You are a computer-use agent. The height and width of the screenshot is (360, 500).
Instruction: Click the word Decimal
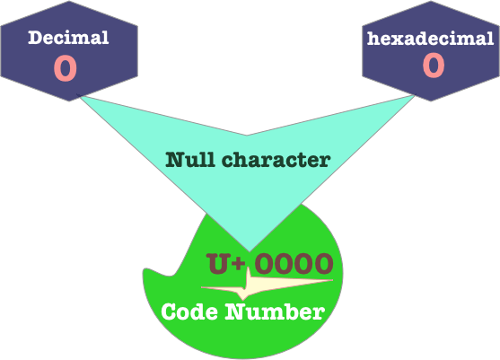point(68,38)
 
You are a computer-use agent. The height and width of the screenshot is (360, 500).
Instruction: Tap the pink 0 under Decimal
point(66,68)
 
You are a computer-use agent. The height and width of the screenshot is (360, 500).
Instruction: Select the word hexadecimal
point(431,39)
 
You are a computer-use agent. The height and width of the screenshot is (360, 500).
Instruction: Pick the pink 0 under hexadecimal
point(434,66)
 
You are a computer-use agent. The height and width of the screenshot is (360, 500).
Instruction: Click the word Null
point(189,160)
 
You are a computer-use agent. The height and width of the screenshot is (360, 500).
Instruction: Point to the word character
point(276,160)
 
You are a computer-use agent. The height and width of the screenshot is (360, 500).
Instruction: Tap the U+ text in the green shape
point(226,263)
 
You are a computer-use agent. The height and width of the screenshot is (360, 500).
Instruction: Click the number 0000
point(294,263)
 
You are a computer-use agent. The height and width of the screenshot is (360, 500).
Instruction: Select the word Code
point(189,312)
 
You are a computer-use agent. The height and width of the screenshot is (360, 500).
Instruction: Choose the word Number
point(275,312)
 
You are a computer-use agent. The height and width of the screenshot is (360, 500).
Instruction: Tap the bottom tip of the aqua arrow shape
point(250,251)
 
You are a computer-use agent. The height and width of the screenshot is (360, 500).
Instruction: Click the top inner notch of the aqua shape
point(247,136)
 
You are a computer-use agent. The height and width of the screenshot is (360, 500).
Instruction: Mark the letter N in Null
point(175,160)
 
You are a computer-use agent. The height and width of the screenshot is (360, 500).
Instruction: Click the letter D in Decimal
point(35,38)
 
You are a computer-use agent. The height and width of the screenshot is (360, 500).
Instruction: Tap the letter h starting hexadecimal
point(373,39)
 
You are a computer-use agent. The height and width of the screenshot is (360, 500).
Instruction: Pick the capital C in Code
point(169,312)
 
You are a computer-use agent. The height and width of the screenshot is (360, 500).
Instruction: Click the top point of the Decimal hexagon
point(69,1)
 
